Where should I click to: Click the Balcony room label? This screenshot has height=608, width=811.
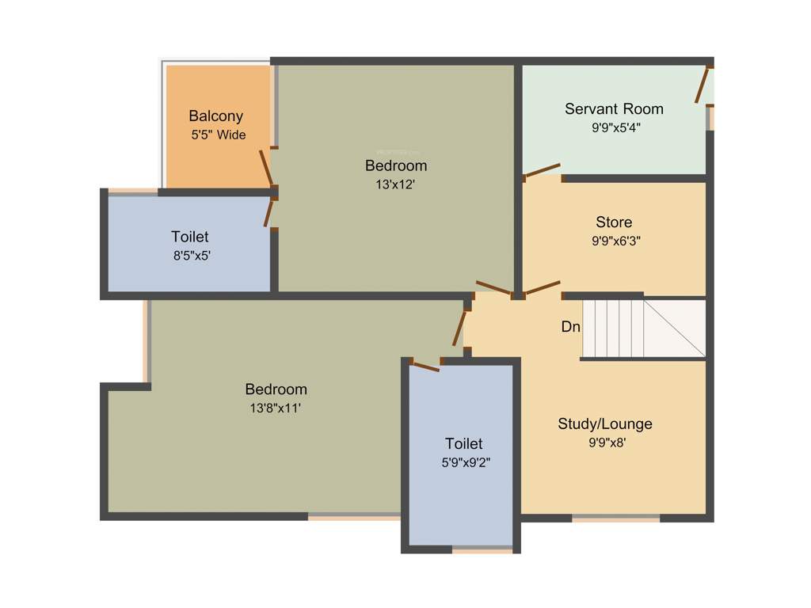[x=215, y=116]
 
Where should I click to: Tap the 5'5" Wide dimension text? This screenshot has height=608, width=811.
[x=219, y=135]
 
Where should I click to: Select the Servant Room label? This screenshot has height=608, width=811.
[x=614, y=108]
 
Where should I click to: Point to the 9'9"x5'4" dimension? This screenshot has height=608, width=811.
[x=615, y=127]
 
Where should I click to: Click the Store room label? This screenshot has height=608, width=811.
[x=614, y=222]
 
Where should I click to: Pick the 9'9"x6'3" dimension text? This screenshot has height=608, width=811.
[x=615, y=241]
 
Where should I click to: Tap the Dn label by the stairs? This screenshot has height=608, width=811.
[x=570, y=326]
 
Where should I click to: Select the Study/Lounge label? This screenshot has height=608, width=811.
[x=605, y=424]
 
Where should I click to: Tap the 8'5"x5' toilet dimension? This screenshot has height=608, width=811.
[x=190, y=256]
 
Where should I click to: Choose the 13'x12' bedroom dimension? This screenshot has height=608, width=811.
[x=396, y=184]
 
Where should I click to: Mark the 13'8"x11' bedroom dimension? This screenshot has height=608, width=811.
[x=276, y=408]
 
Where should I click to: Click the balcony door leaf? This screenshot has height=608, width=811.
[x=266, y=167]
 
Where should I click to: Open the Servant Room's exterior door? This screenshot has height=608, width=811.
[x=701, y=85]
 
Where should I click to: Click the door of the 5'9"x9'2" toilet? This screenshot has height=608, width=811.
[x=426, y=365]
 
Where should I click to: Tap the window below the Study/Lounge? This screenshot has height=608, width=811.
[x=615, y=519]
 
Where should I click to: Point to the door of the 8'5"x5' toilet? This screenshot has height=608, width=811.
[x=269, y=212]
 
